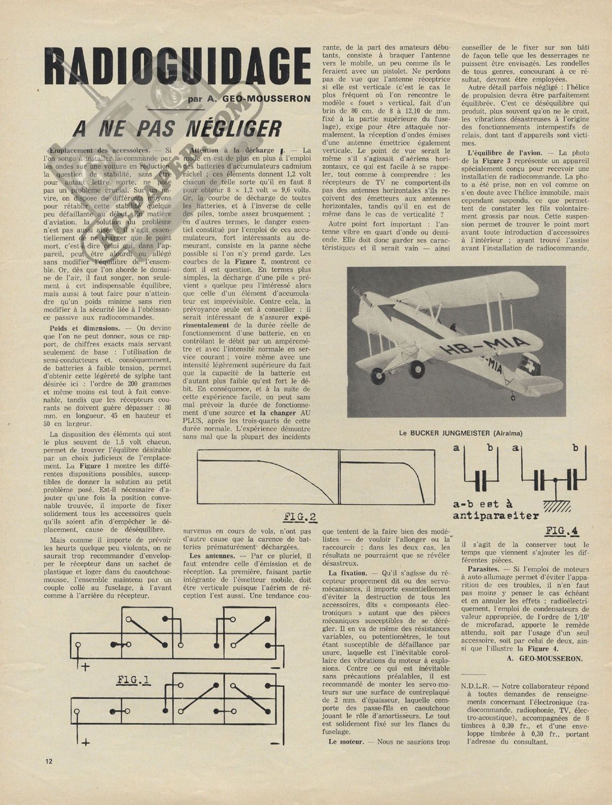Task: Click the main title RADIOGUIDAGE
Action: [x=177, y=67]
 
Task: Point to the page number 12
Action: [x=49, y=761]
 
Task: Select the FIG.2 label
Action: [x=299, y=516]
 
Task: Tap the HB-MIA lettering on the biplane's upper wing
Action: [x=485, y=347]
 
